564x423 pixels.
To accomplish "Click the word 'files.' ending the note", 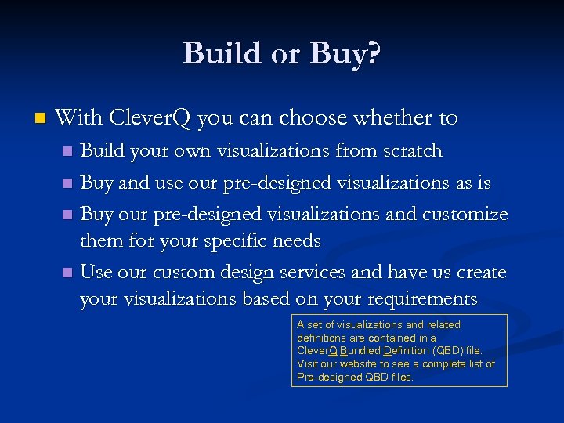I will (400, 378).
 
